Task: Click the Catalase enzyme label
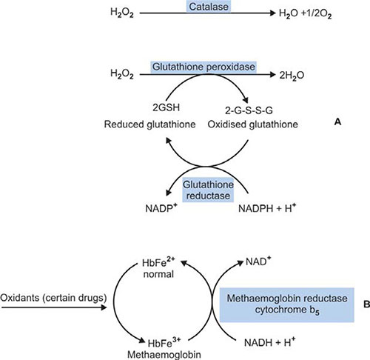209,7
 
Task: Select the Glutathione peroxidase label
203,67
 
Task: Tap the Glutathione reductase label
208,190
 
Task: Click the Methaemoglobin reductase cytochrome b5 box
287,304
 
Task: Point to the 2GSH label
166,107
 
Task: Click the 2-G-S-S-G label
249,110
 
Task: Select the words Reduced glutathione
149,124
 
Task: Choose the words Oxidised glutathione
253,124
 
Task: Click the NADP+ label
161,208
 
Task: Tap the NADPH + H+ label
267,208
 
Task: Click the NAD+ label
258,261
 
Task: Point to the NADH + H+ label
269,342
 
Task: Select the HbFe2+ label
158,262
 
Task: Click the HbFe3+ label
164,343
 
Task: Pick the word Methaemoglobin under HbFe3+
164,355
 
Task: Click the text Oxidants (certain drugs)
53,298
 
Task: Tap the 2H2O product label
292,76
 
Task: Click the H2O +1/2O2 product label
305,13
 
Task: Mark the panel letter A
337,121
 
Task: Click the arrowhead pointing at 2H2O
272,75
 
